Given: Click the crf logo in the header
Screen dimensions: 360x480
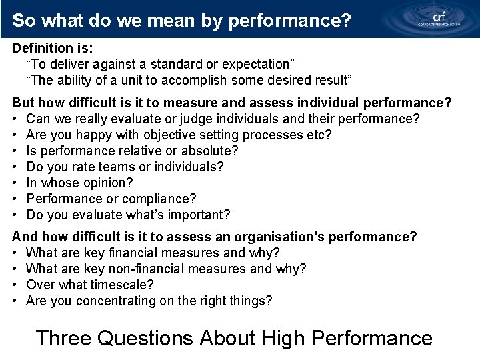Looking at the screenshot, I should coord(438,18).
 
